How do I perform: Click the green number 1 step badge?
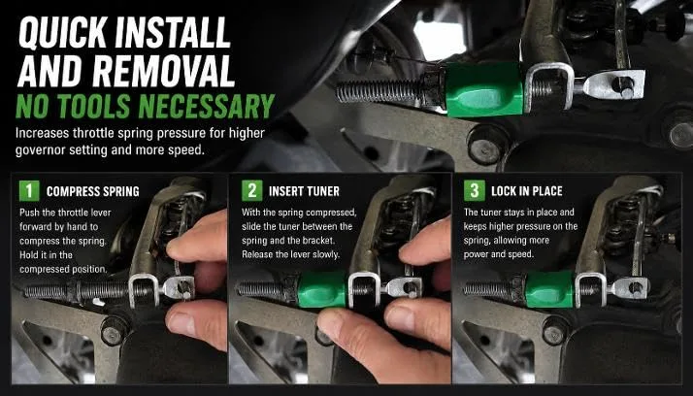pos(29,191)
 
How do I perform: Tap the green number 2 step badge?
pos(252,191)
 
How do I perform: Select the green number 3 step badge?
pos(475,191)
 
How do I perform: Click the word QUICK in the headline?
pos(62,33)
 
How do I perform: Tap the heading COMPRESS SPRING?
pos(93,191)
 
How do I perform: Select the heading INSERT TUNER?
pos(304,191)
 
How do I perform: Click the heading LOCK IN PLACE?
pos(527,191)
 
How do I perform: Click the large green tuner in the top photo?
pos(484,89)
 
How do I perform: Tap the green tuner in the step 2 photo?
pos(322,289)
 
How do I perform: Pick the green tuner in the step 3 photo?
pos(549,289)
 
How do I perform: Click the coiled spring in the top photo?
pos(380,90)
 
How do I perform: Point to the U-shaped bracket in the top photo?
pos(548,86)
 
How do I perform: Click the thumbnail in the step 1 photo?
pos(181,323)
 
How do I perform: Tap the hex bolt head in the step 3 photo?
pos(554,330)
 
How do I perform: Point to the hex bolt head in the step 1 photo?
pos(114,330)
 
